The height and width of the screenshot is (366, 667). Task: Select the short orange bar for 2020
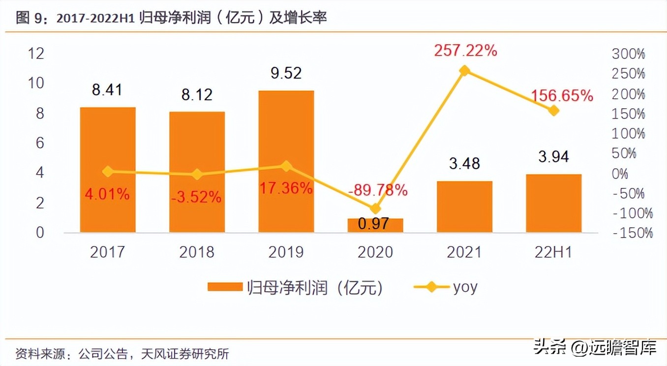375,225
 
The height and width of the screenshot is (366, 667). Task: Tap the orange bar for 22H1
554,203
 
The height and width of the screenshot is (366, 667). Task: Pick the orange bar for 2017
108,170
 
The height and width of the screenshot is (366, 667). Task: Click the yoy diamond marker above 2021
464,71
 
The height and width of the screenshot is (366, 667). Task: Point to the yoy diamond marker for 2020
375,209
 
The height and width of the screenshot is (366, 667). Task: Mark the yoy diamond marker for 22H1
554,111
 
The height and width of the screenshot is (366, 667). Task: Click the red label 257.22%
465,50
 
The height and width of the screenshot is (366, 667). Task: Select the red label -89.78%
377,189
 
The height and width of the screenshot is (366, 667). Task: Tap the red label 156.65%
563,95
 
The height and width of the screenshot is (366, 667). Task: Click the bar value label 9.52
286,73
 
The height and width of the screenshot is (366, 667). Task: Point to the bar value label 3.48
464,163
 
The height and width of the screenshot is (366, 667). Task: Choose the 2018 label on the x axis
197,252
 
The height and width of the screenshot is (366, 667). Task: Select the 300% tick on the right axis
628,54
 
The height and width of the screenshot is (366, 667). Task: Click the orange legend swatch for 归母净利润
225,287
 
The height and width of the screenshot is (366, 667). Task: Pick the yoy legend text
465,287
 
